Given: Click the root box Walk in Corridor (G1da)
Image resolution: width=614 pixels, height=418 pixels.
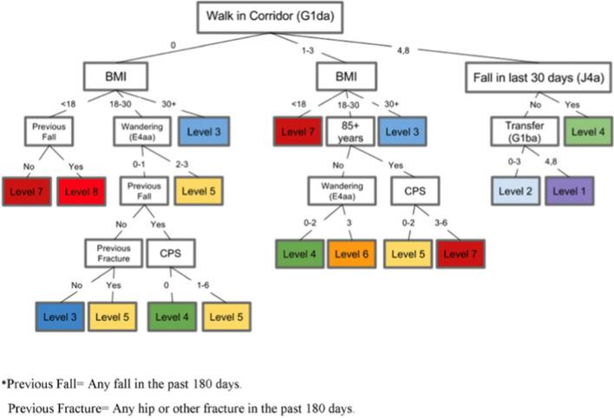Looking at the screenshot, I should [260, 17].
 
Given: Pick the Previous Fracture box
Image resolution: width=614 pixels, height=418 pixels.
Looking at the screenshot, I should [113, 253].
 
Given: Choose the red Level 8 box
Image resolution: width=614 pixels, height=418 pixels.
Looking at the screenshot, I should [82, 190].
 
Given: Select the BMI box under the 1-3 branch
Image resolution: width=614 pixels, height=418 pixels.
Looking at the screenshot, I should [350, 77].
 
